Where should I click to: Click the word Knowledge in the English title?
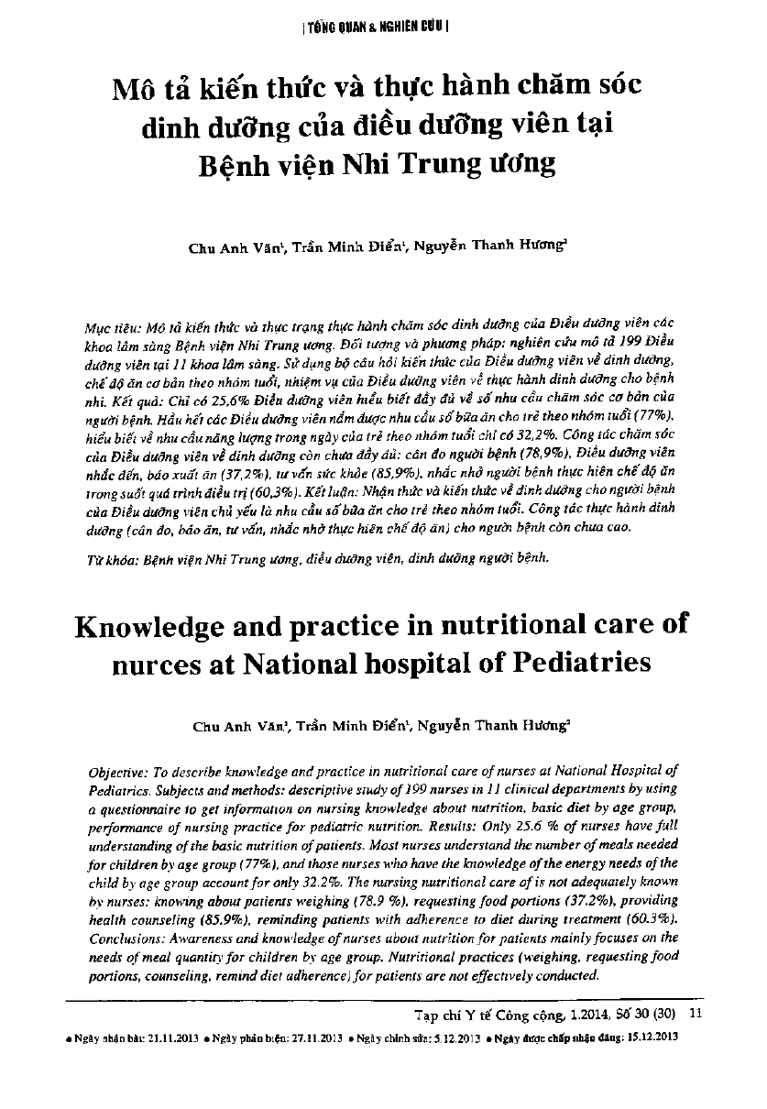(x=161, y=625)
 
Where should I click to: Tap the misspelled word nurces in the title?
(x=166, y=662)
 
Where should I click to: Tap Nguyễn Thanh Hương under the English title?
(x=493, y=725)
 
